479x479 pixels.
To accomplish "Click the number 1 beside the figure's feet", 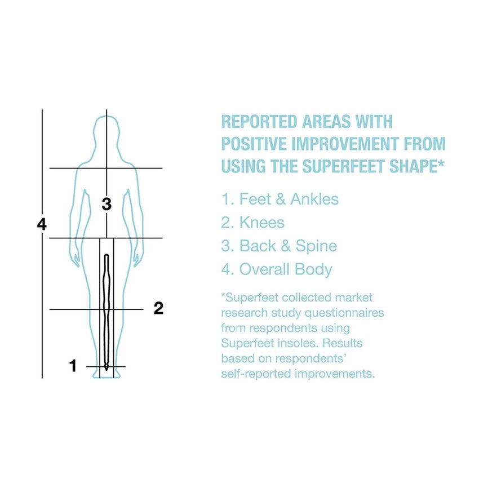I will (x=73, y=366).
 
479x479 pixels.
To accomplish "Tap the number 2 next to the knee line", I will (x=158, y=308).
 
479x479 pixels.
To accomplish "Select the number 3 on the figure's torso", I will (x=107, y=204).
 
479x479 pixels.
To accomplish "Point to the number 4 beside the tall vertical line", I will (x=42, y=224).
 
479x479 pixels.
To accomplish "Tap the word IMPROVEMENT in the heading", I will (x=360, y=144).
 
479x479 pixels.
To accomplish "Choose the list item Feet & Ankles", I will (x=280, y=199).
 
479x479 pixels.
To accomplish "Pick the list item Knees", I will (x=253, y=223).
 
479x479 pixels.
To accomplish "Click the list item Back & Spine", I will (x=279, y=246).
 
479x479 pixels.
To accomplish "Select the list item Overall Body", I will (x=277, y=269).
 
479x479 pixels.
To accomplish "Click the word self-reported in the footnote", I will (x=252, y=373).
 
